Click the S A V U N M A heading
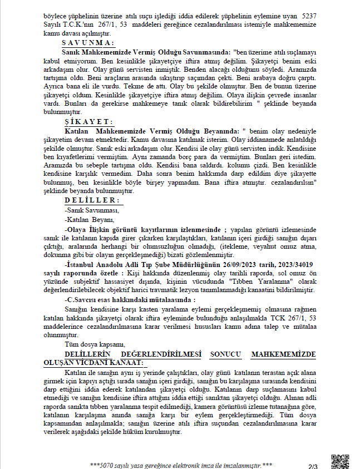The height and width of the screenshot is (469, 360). pos(88,42)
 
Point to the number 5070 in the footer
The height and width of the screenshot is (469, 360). pos(105,465)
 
